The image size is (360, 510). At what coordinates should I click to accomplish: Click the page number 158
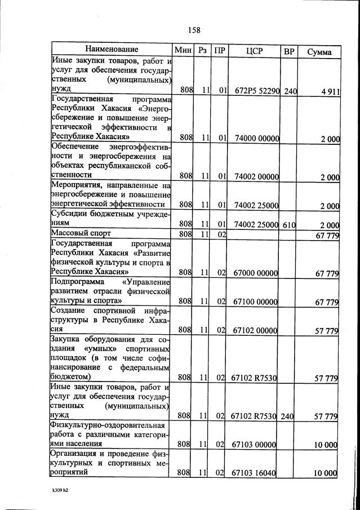(195, 30)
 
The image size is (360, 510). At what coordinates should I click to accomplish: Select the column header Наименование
(112, 50)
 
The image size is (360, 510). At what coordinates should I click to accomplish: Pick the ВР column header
(289, 51)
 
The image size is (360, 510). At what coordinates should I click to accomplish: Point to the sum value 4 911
(327, 91)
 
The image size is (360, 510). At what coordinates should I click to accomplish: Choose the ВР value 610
(289, 224)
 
